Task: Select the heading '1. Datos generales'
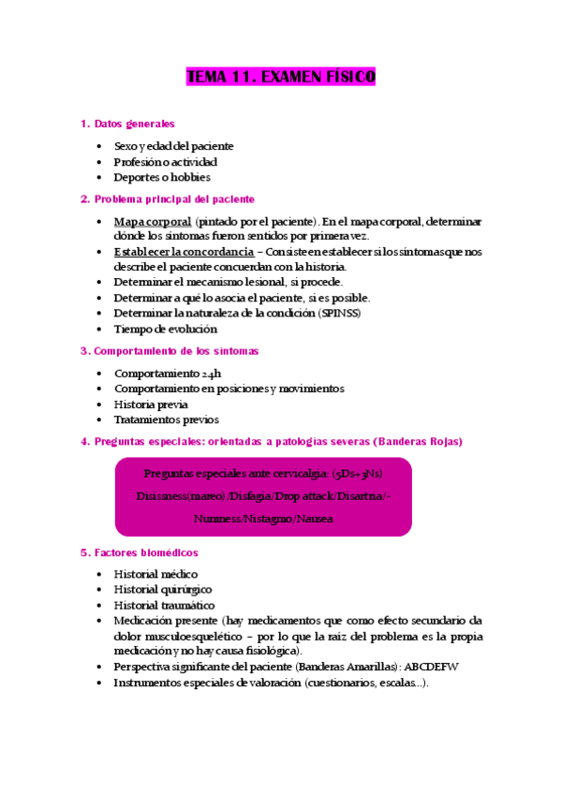point(127,124)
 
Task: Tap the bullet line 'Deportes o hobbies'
point(162,177)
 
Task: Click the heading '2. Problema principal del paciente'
point(167,199)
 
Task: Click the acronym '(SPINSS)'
point(339,313)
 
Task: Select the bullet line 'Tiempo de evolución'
point(165,329)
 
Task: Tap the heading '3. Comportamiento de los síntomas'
point(170,351)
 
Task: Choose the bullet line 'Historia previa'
point(151,404)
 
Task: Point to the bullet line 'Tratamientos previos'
point(166,419)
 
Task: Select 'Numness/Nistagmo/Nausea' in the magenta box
point(263,518)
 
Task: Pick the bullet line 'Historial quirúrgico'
point(162,590)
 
